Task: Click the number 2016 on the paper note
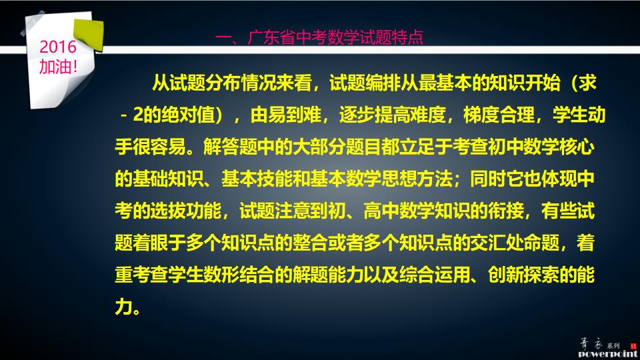pos(59,48)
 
